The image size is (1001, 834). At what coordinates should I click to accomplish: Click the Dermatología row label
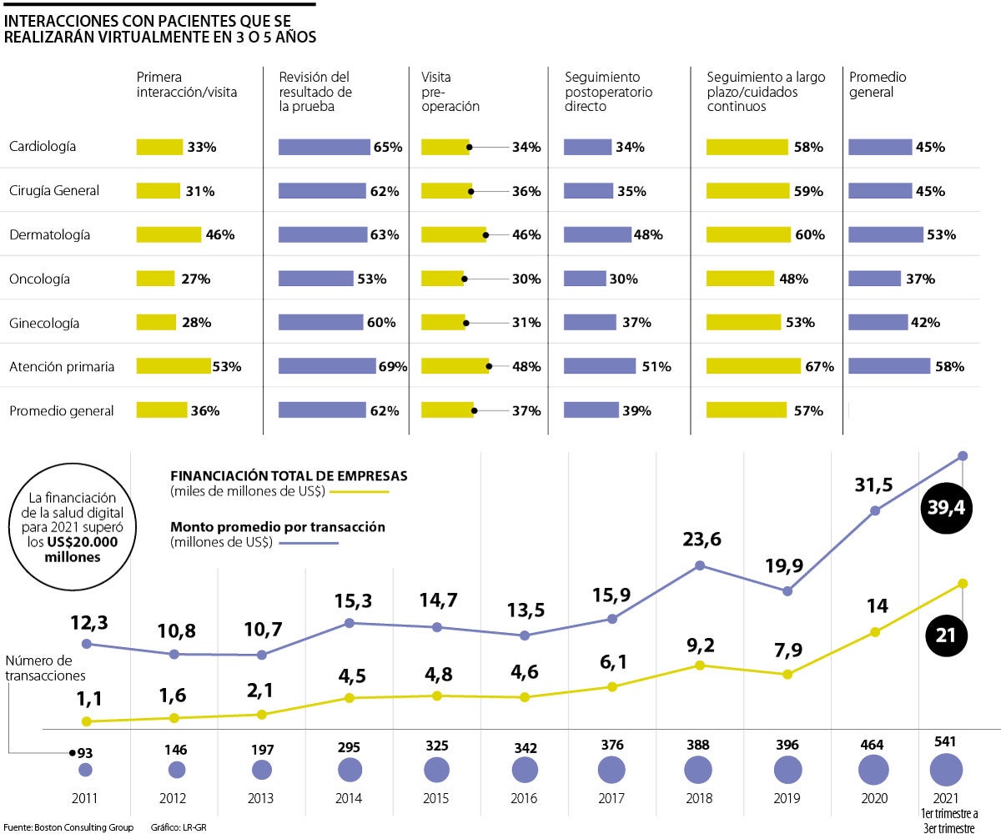[x=49, y=235]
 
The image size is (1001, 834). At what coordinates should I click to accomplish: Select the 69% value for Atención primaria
[x=391, y=366]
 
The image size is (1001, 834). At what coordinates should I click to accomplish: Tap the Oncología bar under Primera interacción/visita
[x=155, y=279]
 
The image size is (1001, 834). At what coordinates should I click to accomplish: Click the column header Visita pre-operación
[x=450, y=92]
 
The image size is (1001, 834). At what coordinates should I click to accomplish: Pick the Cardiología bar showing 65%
[x=324, y=147]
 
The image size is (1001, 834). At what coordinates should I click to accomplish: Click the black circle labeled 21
[x=946, y=635]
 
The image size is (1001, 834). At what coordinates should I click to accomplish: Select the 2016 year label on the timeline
[x=524, y=798]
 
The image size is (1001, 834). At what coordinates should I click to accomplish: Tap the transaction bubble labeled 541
[x=946, y=769]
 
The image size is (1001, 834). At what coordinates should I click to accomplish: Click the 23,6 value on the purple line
[x=700, y=539]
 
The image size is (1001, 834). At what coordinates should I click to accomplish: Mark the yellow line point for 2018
[x=700, y=665]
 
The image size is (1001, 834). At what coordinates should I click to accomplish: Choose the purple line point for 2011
[x=86, y=644]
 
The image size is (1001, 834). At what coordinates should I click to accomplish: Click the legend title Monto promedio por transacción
[x=278, y=527]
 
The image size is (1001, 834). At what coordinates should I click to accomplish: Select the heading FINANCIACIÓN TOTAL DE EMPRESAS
[x=289, y=475]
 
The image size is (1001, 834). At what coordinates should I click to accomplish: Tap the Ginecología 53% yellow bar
[x=743, y=322]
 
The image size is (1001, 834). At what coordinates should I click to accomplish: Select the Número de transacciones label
[x=45, y=668]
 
